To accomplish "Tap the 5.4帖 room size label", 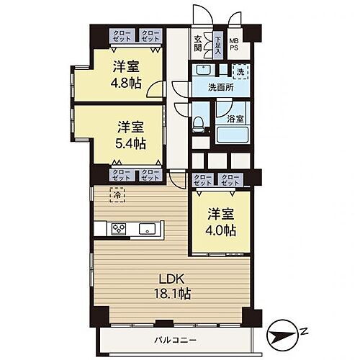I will coord(130,143).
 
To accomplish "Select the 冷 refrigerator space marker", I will coord(116,194).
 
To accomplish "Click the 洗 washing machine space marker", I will coord(241,71).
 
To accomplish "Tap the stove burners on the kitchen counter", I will coord(118,230).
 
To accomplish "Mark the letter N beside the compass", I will coord(305,331).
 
